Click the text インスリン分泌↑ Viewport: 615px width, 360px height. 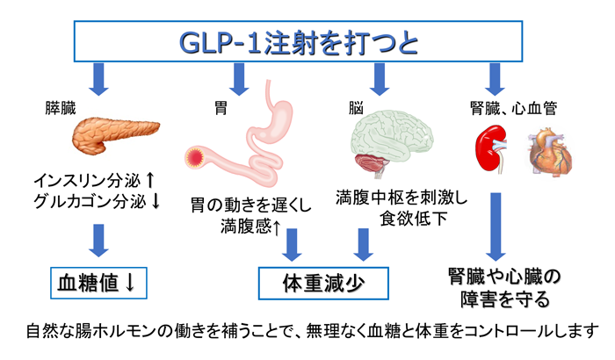coord(95,180)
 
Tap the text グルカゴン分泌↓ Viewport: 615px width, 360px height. coord(95,201)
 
